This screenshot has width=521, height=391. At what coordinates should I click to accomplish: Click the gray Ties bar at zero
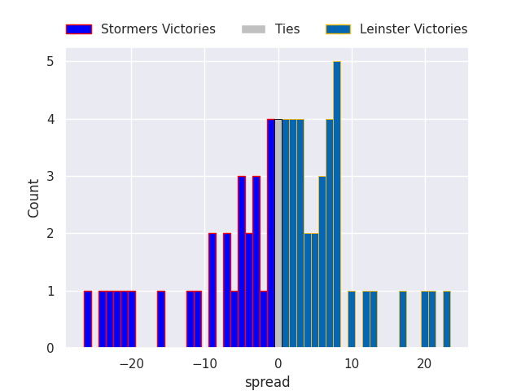pos(278,234)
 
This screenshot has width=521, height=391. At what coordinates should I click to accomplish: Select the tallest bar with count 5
pos(336,204)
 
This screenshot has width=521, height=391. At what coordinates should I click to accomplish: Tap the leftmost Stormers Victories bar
pos(87,319)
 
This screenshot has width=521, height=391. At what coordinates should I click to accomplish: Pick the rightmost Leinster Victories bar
pos(446,319)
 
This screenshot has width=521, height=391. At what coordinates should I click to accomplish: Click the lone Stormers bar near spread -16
pos(161,319)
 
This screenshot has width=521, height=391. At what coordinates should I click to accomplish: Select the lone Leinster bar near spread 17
pos(402,319)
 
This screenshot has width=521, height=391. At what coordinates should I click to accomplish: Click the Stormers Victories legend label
pos(158,29)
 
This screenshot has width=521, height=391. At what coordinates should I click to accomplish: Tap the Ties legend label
pos(287,29)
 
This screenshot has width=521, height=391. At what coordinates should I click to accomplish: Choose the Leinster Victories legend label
pos(414,29)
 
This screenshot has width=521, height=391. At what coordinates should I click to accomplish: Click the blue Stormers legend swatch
pos(79,29)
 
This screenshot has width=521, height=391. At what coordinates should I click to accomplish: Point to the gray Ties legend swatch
pos(253,29)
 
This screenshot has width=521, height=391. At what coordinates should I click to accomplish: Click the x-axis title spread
pos(267,382)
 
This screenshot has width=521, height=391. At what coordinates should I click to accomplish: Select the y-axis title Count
pos(34,198)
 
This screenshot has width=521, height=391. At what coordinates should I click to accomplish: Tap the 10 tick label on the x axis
pos(351,364)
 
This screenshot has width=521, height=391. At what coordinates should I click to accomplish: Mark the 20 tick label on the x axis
pos(424,364)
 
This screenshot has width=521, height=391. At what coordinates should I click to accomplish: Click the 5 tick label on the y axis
pos(50,62)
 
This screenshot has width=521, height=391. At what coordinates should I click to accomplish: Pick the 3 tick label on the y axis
pos(50,177)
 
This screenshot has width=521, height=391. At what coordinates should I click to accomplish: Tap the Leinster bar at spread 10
pos(351,319)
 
